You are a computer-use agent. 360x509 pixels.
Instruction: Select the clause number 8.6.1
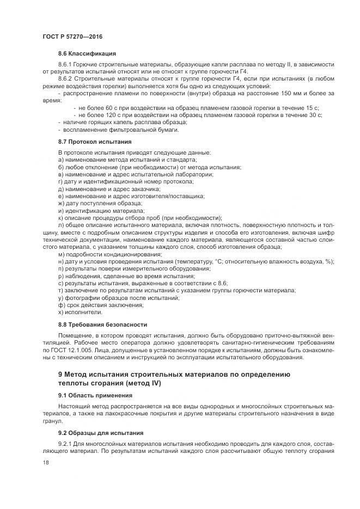coord(66,65)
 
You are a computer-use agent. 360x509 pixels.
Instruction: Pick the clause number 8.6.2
coord(66,79)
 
